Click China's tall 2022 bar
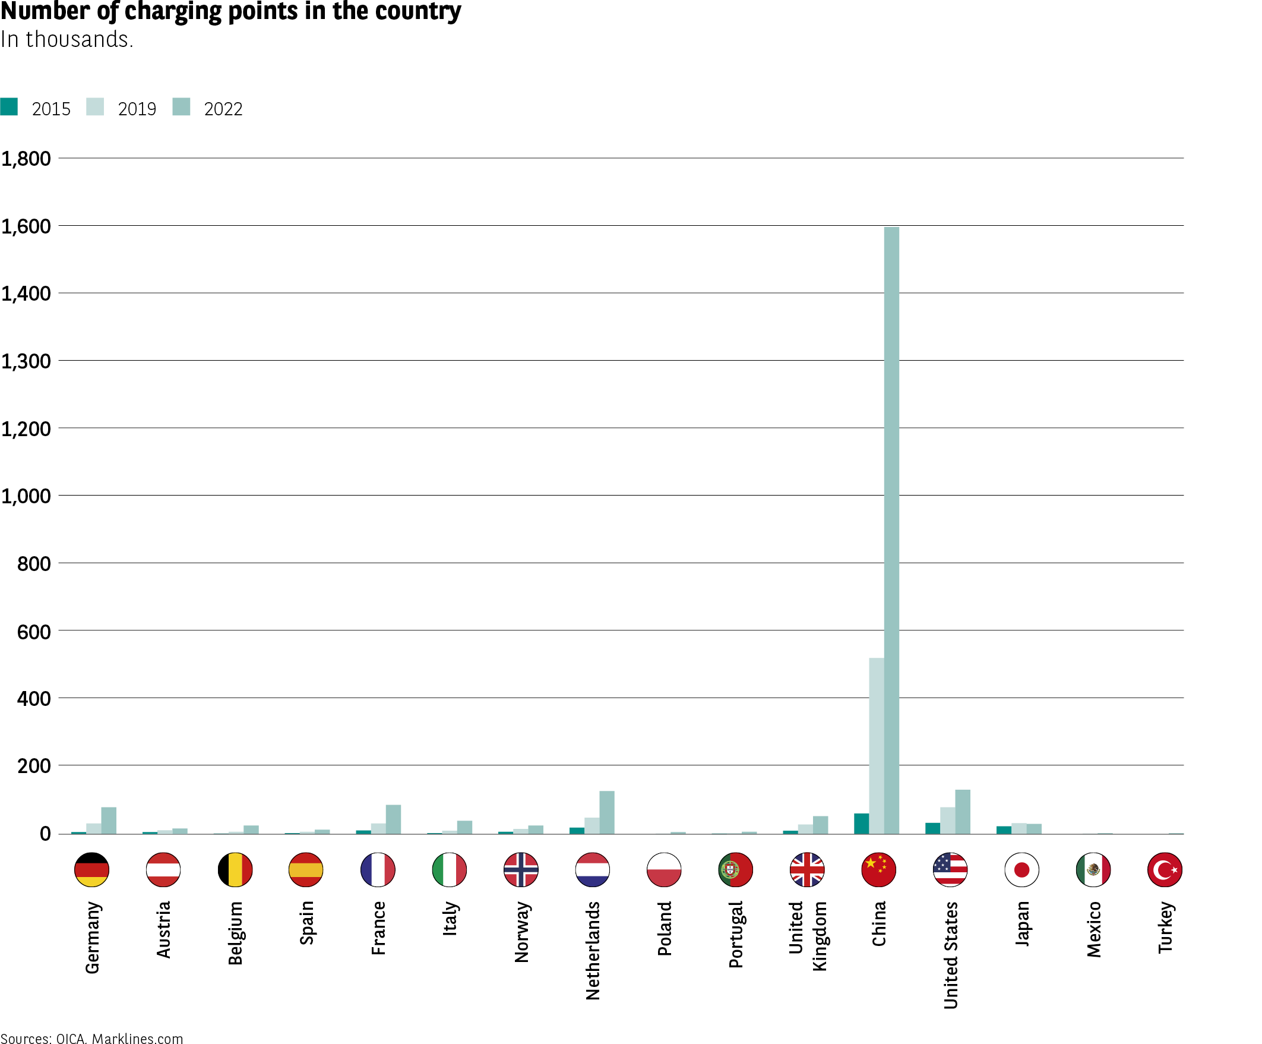891,529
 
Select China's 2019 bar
876,746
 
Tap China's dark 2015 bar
861,824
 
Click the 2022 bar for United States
962,811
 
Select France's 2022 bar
393,819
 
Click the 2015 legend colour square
9,106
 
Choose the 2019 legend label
137,109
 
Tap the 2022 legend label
223,109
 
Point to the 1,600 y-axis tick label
26,226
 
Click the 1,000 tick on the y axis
26,496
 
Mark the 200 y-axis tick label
34,765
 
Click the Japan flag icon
1021,869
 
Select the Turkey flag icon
1165,869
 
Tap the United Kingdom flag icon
807,869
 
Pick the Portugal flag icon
736,869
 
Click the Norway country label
521,932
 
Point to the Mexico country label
1094,929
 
